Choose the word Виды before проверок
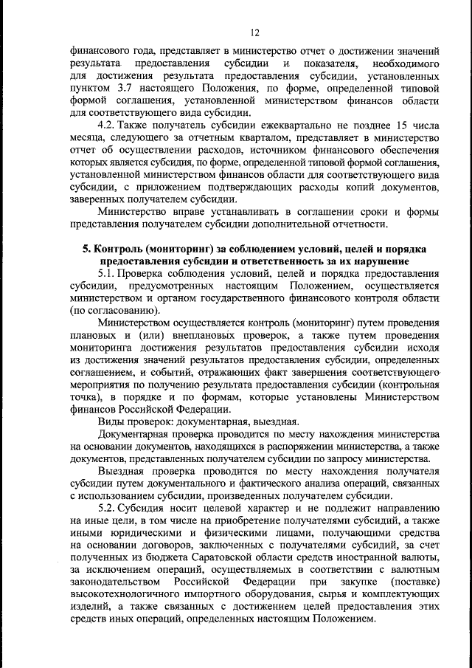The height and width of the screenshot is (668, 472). (111, 421)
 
